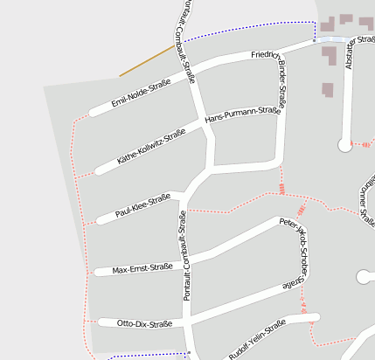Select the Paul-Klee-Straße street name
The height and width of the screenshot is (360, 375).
pyautogui.click(x=142, y=205)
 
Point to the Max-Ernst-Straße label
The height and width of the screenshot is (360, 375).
pyautogui.click(x=142, y=268)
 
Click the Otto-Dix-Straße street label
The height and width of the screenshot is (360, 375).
pyautogui.click(x=144, y=324)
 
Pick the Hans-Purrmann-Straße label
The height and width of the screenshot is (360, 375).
pyautogui.click(x=242, y=114)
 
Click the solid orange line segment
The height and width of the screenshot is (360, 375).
pyautogui.click(x=147, y=61)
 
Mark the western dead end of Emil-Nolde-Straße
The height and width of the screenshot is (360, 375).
pyautogui.click(x=93, y=113)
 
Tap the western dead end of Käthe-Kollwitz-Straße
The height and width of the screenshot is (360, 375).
pyautogui.click(x=99, y=170)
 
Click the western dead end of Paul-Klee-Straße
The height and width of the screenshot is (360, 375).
pyautogui.click(x=100, y=218)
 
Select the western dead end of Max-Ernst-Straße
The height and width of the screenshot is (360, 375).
pyautogui.click(x=96, y=272)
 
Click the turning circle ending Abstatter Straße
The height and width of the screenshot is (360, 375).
pyautogui.click(x=344, y=146)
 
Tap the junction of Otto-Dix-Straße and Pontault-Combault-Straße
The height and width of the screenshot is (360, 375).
pyautogui.click(x=186, y=322)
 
